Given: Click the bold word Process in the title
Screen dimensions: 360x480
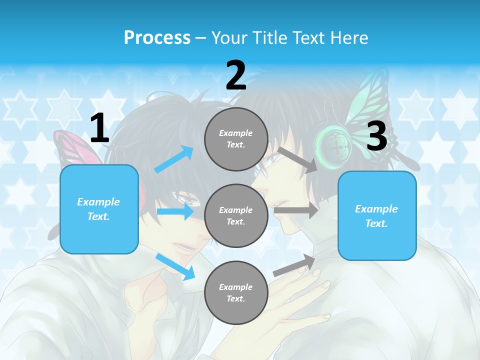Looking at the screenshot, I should [157, 37].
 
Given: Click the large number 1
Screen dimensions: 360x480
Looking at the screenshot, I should [99, 128].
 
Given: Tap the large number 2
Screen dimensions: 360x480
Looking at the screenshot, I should [236, 75].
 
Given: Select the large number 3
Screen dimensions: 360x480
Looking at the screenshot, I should [376, 136].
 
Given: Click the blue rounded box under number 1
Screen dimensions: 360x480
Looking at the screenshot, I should [99, 209].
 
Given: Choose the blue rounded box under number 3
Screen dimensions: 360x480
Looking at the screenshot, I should [377, 215].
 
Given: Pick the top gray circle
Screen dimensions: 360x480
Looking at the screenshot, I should [236, 139].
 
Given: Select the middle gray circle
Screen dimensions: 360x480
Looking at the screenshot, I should [236, 215].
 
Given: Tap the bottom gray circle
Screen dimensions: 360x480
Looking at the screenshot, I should [236, 292].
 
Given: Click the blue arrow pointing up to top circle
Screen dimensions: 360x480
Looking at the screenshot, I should [174, 159].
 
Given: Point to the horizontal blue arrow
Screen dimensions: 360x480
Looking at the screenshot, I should [175, 211].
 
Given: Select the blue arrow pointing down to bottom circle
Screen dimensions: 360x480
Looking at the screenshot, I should [175, 266].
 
